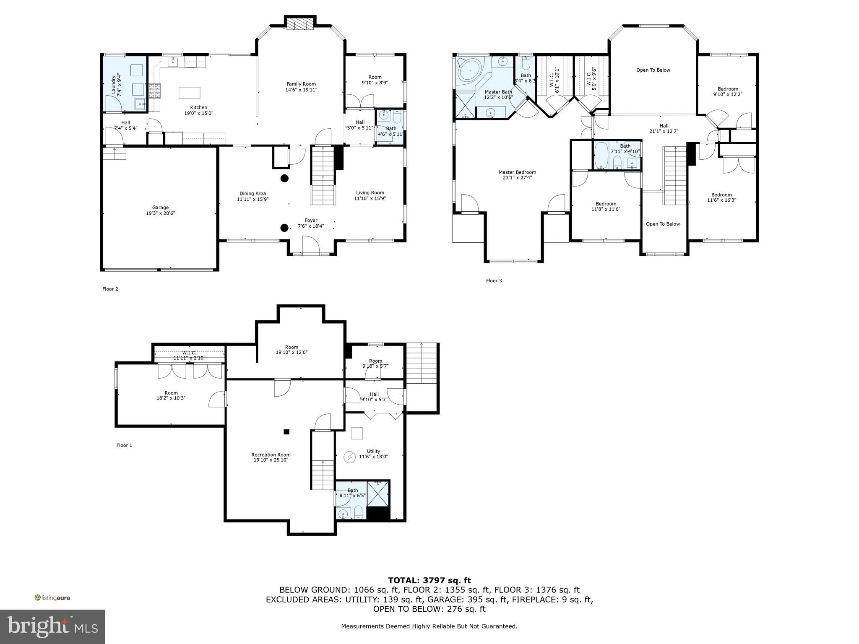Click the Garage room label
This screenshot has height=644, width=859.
coord(160,208)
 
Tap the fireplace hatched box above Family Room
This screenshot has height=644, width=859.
coord(301,26)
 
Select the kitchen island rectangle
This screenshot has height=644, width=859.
coord(190,92)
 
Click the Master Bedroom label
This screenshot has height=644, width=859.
coord(517,172)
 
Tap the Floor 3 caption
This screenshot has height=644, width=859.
coord(494,280)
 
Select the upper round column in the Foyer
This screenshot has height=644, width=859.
coord(284,178)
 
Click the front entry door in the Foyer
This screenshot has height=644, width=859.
coord(311,246)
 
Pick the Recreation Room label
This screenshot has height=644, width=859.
coord(271,454)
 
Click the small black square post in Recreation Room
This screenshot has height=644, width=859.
coord(286,432)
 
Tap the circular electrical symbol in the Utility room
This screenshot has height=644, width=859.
coord(349,457)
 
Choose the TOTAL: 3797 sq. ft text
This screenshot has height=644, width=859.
coord(429,580)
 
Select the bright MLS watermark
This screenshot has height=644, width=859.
coord(52,626)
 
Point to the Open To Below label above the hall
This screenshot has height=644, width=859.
coord(653,70)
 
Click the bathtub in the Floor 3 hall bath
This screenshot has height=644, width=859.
coord(601,156)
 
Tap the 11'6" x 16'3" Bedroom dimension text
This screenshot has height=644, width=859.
coord(721,200)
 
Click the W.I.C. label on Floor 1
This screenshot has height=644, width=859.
coord(189,353)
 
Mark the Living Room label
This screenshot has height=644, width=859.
coord(370,193)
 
